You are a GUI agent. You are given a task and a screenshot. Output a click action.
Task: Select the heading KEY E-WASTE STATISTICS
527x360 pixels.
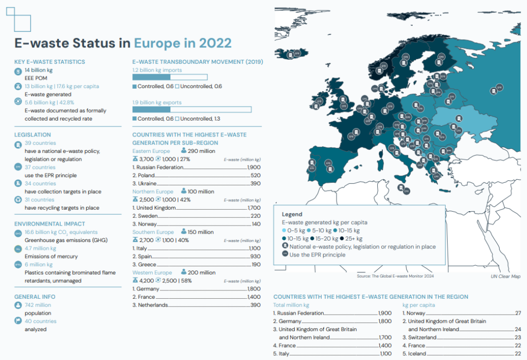coord(49,62)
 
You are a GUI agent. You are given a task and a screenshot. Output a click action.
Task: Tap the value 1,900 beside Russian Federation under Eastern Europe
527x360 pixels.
coord(254,167)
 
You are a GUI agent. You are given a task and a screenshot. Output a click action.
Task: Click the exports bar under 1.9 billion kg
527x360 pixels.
coord(191,110)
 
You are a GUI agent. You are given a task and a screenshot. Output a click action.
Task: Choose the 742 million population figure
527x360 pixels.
coord(38,305)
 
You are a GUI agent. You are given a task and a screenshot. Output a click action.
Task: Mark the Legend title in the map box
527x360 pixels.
coord(292,214)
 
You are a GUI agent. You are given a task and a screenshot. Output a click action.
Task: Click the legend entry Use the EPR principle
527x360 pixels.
coord(317,254)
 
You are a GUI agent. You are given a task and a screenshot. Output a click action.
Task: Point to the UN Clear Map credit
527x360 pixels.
coord(505,277)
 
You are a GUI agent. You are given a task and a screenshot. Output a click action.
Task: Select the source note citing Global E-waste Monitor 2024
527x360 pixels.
coord(395,277)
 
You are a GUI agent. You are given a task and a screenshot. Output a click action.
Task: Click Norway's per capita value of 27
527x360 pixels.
coord(518,313)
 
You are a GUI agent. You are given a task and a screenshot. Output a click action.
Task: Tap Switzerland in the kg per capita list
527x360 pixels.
coord(424,337)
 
